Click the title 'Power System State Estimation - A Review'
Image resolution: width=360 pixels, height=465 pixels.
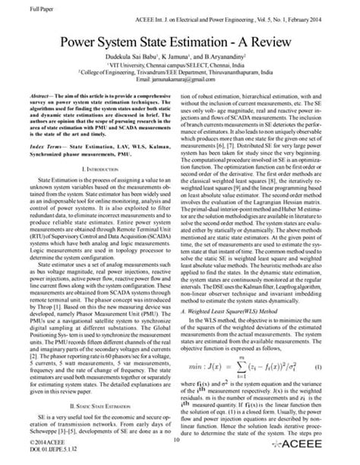(x=180, y=43)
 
